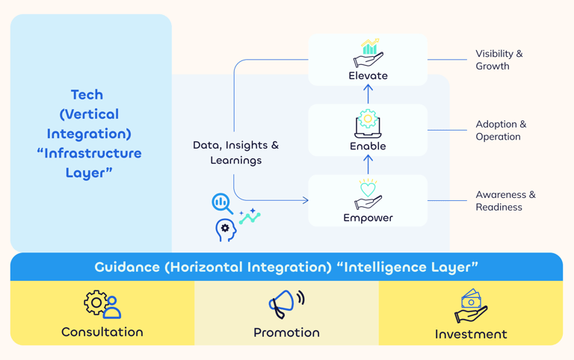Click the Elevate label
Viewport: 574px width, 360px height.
point(368,75)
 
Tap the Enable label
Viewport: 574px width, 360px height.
point(368,146)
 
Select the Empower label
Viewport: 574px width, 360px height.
point(368,218)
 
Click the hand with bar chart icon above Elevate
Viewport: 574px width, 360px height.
point(368,53)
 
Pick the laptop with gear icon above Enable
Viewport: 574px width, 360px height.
point(368,123)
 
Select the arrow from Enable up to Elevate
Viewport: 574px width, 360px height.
point(368,94)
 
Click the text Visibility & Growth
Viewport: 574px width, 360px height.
point(499,60)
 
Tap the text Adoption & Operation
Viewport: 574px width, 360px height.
point(501,130)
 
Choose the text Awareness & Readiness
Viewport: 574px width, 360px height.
point(505,201)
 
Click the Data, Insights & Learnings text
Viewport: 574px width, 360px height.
point(235,152)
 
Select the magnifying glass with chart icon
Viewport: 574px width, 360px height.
point(222,203)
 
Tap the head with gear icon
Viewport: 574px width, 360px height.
point(225,230)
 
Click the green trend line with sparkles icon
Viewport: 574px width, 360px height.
point(250,217)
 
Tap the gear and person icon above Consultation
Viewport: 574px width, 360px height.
point(102,304)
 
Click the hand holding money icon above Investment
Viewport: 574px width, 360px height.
point(471,305)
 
